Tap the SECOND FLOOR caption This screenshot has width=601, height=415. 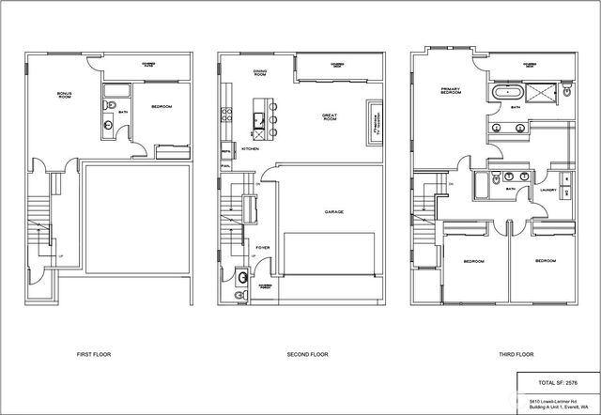point(307,355)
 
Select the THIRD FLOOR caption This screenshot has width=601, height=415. point(516,355)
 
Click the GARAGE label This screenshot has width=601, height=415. point(333,212)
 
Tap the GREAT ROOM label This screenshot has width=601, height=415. point(330,117)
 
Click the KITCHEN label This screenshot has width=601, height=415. point(251,148)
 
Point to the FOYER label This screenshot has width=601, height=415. point(263,248)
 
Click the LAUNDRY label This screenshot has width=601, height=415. point(547,190)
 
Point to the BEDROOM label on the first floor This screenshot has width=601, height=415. point(161,107)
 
